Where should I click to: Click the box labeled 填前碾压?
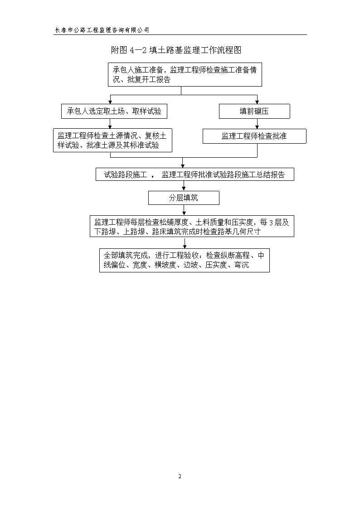click(x=254, y=111)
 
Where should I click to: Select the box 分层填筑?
click(x=184, y=198)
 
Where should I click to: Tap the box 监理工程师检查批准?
click(x=254, y=136)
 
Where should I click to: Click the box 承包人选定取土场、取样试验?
click(x=114, y=111)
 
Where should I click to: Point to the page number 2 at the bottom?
click(x=180, y=476)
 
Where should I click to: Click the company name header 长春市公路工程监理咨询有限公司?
click(x=102, y=30)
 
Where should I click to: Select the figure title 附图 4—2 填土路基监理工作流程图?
click(x=176, y=50)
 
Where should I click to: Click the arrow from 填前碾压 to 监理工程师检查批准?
click(x=258, y=124)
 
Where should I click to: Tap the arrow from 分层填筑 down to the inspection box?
click(x=184, y=210)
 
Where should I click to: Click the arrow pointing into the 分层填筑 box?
click(x=184, y=186)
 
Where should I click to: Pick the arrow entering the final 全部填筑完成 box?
click(x=185, y=243)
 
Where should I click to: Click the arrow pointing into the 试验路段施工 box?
click(x=183, y=163)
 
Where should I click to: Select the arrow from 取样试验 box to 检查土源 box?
click(x=110, y=124)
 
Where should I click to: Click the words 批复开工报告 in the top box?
click(x=149, y=80)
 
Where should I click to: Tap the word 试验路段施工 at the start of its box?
click(x=125, y=175)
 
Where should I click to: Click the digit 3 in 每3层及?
click(x=272, y=223)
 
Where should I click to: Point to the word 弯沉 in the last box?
click(x=242, y=265)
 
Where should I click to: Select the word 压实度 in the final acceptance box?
click(x=216, y=265)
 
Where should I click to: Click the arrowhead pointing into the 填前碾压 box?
click(x=258, y=102)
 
